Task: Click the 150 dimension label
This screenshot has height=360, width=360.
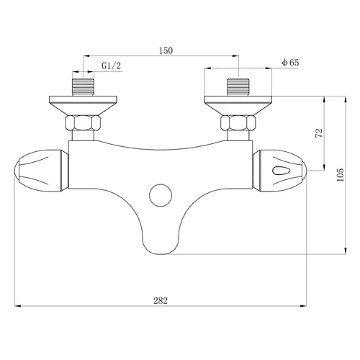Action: [166, 50]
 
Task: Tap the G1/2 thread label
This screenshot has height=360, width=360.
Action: [112, 66]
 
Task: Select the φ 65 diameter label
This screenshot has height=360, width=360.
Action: [290, 63]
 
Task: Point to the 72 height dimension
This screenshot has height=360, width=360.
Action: [320, 133]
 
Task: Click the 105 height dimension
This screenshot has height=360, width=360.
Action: [340, 174]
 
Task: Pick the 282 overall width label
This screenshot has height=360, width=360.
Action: [161, 300]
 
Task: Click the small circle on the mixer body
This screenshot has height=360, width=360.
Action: [161, 195]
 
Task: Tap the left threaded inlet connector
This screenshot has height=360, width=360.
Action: [84, 87]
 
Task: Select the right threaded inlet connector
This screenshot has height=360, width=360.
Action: [238, 87]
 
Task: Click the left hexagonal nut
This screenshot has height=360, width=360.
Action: [83, 123]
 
